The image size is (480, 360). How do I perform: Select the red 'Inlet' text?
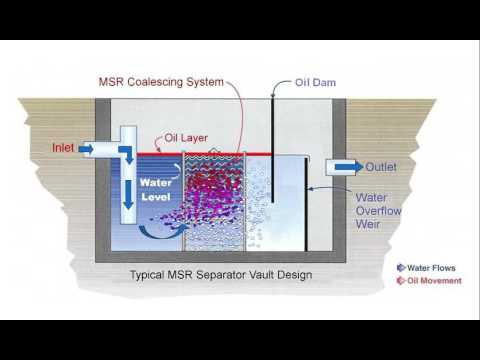tap(65, 149)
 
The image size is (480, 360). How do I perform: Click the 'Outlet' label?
tap(382, 167)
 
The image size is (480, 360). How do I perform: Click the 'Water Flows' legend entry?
tap(432, 268)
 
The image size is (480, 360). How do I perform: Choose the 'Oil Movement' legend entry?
tap(432, 280)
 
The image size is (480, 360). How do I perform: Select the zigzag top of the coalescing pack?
tap(216, 158)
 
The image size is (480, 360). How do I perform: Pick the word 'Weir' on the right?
tap(370, 225)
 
